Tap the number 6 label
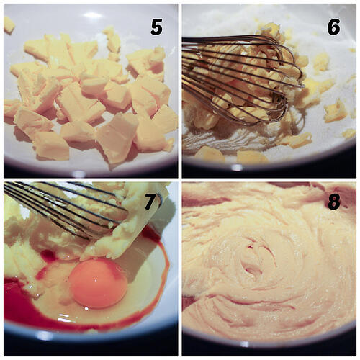(x=333, y=27)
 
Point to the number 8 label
(x=333, y=202)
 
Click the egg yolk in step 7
(x=98, y=283)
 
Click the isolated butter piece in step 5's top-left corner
(x=9, y=24)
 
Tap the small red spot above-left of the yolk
(x=49, y=256)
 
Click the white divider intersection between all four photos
(x=179, y=179)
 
